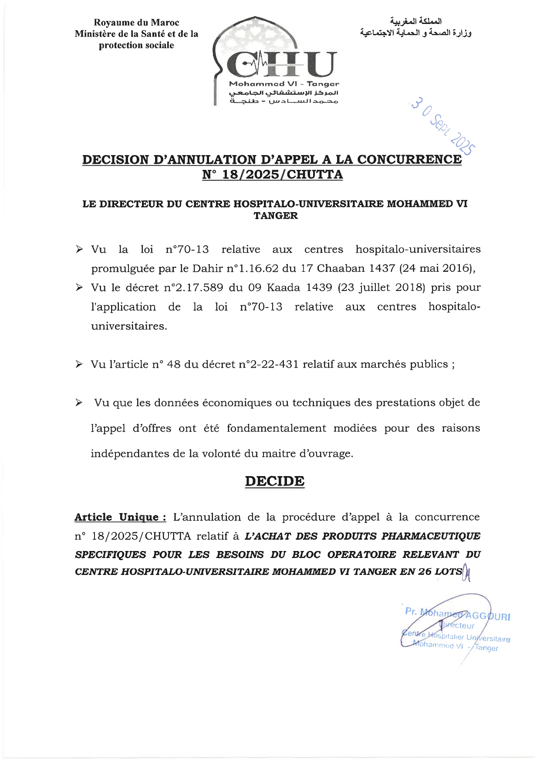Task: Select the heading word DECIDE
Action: [274, 481]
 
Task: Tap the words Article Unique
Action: [120, 517]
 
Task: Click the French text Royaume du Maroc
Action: [137, 23]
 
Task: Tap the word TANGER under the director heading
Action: [276, 216]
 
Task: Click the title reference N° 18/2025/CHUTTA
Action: [273, 175]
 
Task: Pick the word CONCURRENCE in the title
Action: [409, 159]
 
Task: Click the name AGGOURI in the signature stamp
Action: [489, 616]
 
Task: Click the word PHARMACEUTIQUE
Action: [431, 535]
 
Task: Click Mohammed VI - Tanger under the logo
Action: [284, 84]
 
